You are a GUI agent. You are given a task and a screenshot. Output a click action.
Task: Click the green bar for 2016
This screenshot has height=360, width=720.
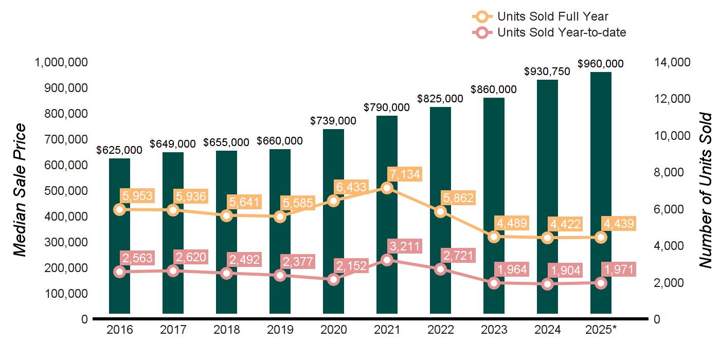[119, 237]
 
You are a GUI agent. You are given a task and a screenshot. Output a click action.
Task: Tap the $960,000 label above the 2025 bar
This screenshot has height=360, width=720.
[601, 64]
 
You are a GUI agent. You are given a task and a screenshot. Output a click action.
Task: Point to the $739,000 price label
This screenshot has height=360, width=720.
[333, 120]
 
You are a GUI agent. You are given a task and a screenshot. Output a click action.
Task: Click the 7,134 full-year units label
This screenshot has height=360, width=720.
[404, 174]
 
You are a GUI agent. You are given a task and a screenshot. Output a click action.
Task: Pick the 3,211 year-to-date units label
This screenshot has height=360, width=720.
[404, 245]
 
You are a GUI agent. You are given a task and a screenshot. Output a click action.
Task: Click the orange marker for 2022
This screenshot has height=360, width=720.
[440, 211]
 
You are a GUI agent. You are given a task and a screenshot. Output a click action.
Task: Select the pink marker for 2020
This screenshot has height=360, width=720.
[333, 280]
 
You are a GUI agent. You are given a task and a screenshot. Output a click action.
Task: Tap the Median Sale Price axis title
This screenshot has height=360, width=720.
[20, 190]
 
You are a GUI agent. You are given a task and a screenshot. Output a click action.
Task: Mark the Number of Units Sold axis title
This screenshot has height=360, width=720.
[706, 190]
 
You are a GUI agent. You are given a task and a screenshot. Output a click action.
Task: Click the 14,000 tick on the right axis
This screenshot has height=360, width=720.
[672, 62]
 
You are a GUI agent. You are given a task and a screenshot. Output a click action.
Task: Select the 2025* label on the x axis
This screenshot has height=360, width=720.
[601, 330]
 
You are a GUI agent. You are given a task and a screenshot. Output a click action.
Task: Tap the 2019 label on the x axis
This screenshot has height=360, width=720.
[280, 330]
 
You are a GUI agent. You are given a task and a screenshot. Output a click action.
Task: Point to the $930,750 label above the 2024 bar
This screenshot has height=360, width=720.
[547, 71]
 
